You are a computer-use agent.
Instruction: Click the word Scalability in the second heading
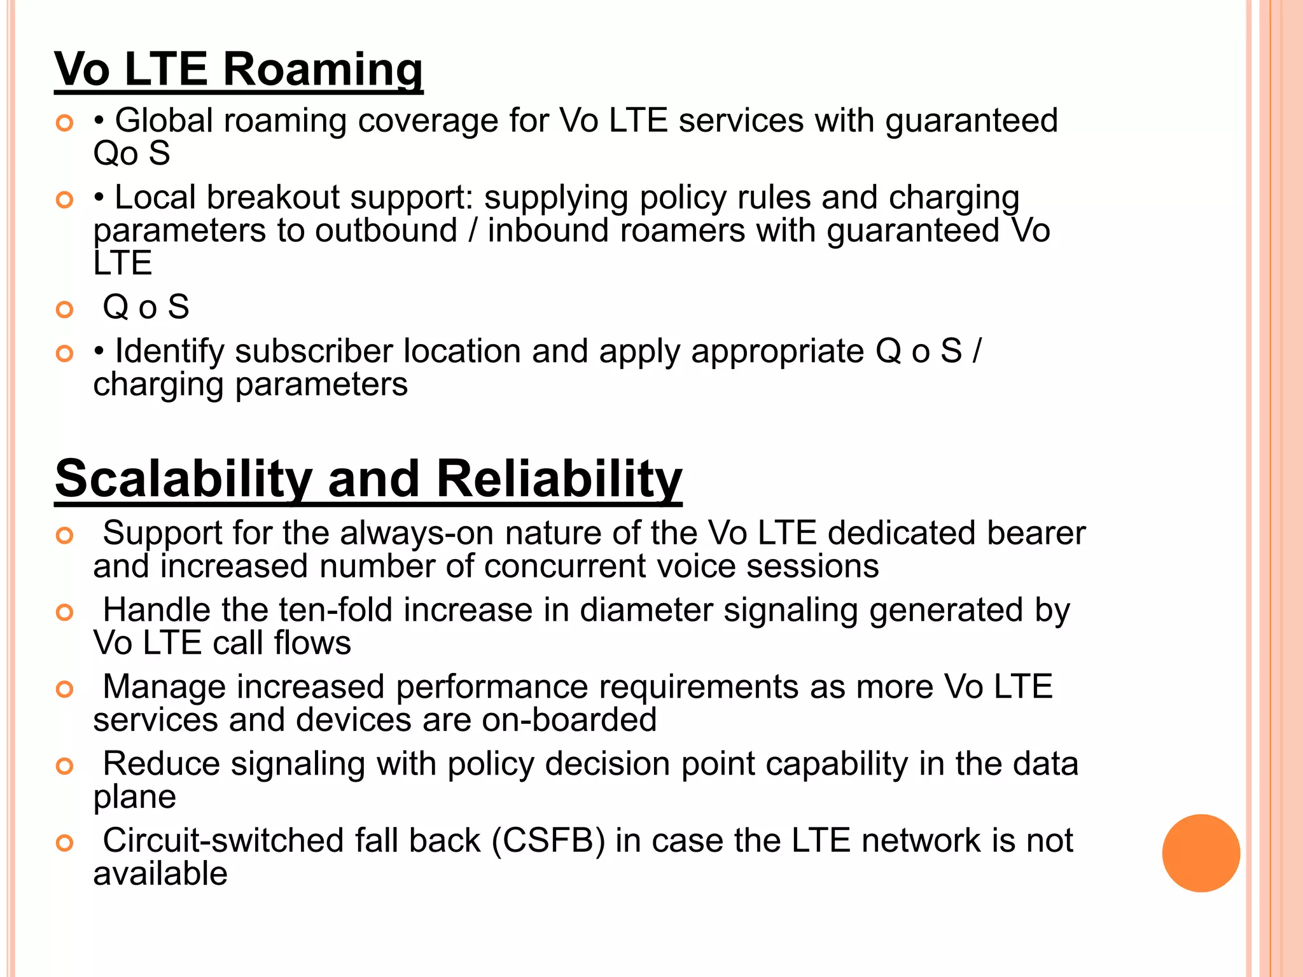[184, 478]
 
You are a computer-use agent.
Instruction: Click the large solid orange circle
[1201, 853]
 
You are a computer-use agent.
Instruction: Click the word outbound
[386, 230]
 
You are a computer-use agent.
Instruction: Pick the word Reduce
[162, 764]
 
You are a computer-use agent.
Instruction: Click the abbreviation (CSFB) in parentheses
[548, 841]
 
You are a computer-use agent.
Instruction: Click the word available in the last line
[160, 874]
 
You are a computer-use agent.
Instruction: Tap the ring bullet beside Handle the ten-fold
[65, 613]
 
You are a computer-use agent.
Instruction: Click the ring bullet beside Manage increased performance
[65, 689]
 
